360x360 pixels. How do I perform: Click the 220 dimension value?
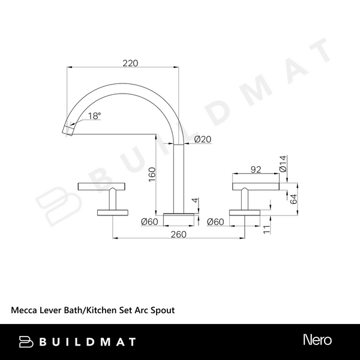tap(130, 63)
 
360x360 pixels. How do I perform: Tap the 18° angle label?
tap(94, 116)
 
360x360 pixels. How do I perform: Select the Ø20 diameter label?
tap(203, 139)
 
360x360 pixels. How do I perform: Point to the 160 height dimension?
tap(152, 175)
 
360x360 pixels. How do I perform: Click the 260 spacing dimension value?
tap(179, 235)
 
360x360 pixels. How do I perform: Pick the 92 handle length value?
tap(256, 170)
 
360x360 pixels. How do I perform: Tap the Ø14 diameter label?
tap(283, 163)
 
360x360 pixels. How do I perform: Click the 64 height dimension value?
tap(293, 199)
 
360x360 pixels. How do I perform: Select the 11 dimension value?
tap(266, 229)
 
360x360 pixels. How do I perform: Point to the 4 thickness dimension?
tap(195, 200)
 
